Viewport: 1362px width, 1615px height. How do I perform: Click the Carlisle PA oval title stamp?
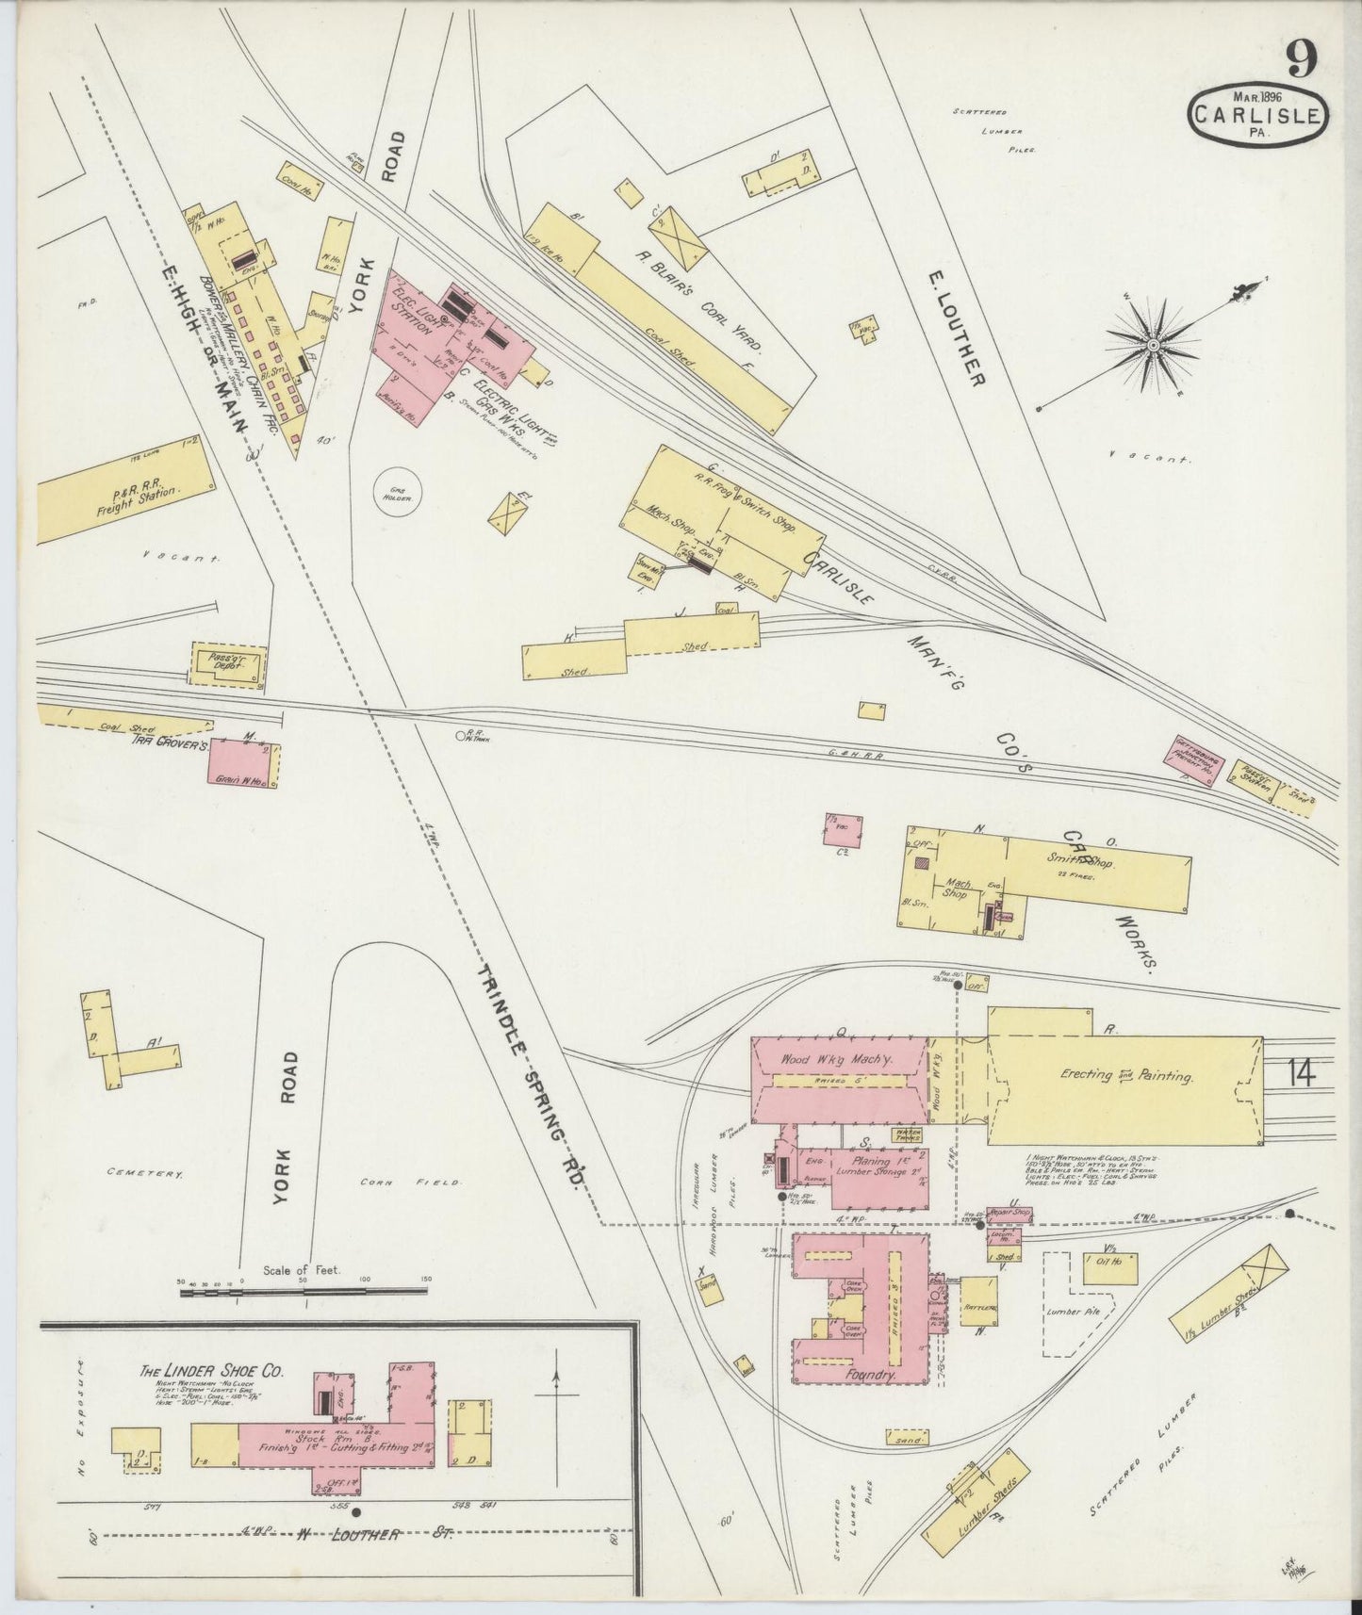1259,116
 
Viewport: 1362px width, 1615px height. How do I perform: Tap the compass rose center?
1152,347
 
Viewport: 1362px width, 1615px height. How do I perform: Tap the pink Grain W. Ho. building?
243,763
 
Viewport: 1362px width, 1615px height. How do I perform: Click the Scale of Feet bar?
302,1290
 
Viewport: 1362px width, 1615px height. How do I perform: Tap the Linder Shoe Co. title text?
212,1372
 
